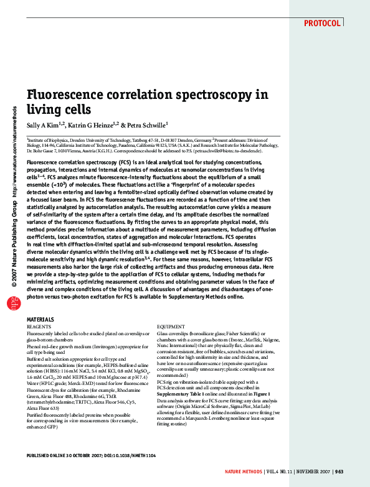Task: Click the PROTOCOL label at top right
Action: click(x=322, y=24)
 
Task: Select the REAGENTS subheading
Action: click(x=39, y=327)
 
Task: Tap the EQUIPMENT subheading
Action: click(x=171, y=327)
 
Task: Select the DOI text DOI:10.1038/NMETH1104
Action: click(x=123, y=456)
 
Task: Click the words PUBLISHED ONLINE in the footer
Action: click(x=49, y=456)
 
